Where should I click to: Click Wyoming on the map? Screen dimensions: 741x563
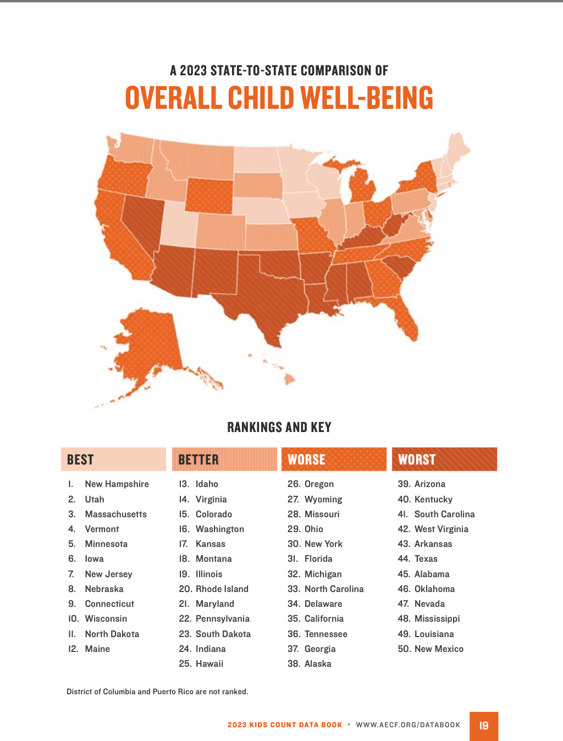[209, 196]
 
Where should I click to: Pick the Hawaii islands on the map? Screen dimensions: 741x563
[289, 378]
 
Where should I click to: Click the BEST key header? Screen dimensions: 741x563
[113, 460]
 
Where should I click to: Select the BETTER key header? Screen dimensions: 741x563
[224, 460]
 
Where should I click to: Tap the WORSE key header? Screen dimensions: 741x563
[334, 460]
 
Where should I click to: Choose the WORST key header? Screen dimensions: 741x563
[444, 460]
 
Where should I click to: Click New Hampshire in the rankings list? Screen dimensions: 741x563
[117, 484]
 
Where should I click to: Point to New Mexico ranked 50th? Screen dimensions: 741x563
[439, 649]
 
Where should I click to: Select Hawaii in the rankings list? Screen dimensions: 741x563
[209, 664]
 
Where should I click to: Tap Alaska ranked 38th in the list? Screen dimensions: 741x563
[318, 664]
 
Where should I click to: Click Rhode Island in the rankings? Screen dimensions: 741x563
[222, 589]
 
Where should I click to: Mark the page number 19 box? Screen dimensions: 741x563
[484, 726]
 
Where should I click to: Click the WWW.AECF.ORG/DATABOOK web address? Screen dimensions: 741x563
[408, 725]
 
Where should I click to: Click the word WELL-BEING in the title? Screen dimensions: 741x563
[367, 98]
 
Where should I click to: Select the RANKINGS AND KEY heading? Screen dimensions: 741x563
[279, 427]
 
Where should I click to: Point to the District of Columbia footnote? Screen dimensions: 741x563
[157, 692]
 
